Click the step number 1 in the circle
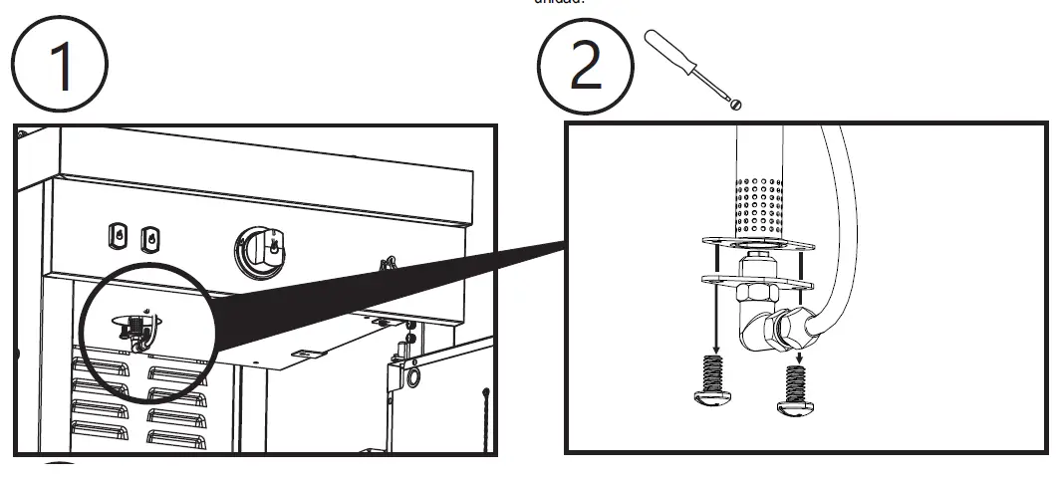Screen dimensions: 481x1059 point(63,65)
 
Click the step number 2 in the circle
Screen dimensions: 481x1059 point(585,65)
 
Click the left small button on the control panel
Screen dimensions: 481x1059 point(118,234)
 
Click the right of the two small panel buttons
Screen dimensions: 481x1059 point(149,237)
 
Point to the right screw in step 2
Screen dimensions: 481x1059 point(795,387)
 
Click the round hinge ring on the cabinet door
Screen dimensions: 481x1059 point(409,379)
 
